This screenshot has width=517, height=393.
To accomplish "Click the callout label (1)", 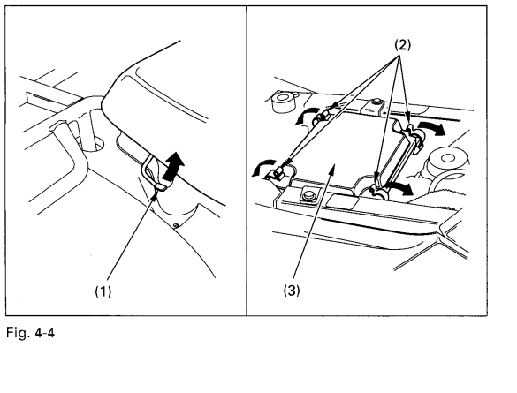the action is pos(103,291).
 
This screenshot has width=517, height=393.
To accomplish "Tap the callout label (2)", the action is pos(403,45).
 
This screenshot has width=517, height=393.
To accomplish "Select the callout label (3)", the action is pos(292,291).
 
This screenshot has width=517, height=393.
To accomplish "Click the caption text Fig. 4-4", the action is pos(30,333).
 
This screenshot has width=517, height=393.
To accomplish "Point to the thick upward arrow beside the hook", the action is pos(174,166).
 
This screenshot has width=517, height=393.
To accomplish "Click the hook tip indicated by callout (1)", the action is pos(161,188).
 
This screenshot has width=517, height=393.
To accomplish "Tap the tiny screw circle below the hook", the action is pos(176,225).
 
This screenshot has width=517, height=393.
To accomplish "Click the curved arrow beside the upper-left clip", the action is pos(304,116).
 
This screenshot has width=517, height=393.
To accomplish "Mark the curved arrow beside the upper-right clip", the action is pos(431,128).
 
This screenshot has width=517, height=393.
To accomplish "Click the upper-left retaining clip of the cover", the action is pos(323,117).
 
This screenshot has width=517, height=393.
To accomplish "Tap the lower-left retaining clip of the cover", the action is pos(278,173).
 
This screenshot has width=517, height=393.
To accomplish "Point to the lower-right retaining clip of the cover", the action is pos(378,191).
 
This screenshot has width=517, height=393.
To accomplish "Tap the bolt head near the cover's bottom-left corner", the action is pos(308,196).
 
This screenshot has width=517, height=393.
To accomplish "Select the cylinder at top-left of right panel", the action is pos(283,102).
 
